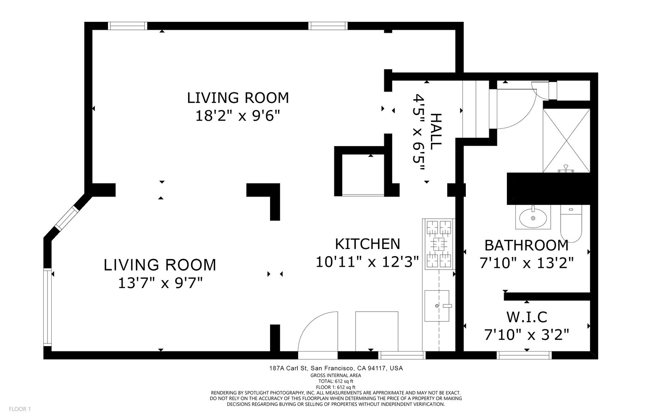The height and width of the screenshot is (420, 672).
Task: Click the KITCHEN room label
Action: click(367, 244)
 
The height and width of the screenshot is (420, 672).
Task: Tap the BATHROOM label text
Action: click(527, 245)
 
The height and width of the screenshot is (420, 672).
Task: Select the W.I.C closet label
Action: click(527, 317)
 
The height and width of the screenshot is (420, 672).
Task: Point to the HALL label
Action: click(436, 131)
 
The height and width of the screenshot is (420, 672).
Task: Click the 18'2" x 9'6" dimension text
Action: click(238, 115)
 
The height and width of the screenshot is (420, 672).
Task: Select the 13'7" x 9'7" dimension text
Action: click(160, 283)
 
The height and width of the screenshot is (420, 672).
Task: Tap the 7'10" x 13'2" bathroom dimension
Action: click(527, 263)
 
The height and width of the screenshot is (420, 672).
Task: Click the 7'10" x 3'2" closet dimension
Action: click(527, 335)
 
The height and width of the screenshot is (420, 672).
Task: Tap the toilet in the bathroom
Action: click(571, 223)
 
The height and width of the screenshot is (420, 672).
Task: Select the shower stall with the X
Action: click(567, 141)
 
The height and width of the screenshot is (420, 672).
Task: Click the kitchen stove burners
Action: click(439, 244)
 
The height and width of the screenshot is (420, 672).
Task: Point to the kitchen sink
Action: click(437, 306)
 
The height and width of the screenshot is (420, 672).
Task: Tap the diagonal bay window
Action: click(67, 218)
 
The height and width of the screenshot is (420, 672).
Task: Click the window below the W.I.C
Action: click(524, 355)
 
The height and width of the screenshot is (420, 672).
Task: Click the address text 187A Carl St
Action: click(288, 368)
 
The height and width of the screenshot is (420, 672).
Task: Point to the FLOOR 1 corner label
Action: click(20, 409)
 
